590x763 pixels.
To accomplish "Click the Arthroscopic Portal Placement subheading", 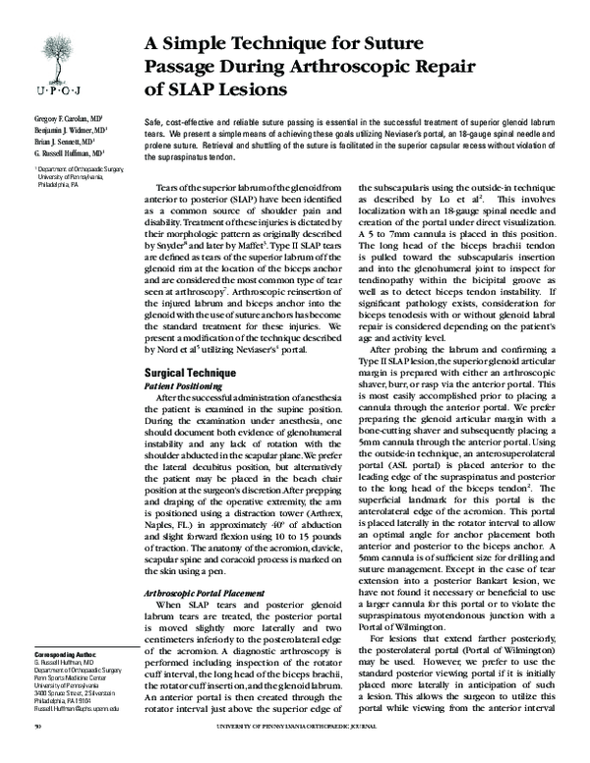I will pos(208,596).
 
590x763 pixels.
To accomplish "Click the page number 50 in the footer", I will pos(36,752).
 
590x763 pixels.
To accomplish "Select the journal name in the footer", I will pos(328,752).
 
